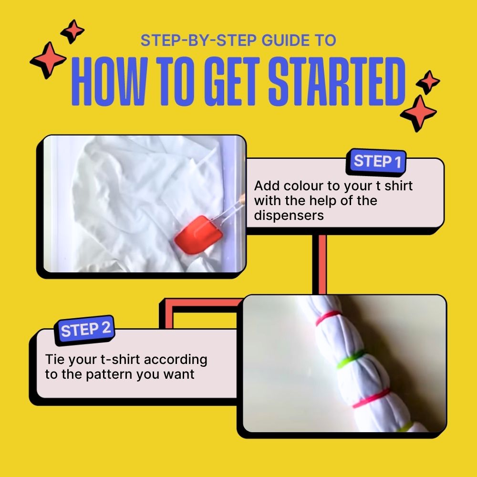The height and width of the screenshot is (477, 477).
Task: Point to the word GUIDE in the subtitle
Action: click(x=283, y=41)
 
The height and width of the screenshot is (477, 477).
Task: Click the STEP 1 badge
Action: click(x=377, y=162)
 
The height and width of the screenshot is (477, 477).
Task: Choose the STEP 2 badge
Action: click(x=86, y=330)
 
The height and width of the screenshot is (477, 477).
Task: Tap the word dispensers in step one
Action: click(x=289, y=215)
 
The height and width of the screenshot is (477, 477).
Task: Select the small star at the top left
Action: click(x=73, y=31)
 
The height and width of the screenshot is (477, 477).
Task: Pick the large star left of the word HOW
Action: click(x=48, y=60)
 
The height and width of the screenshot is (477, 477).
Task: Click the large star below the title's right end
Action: click(x=418, y=113)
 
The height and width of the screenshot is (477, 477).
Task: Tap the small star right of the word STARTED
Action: click(x=428, y=82)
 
